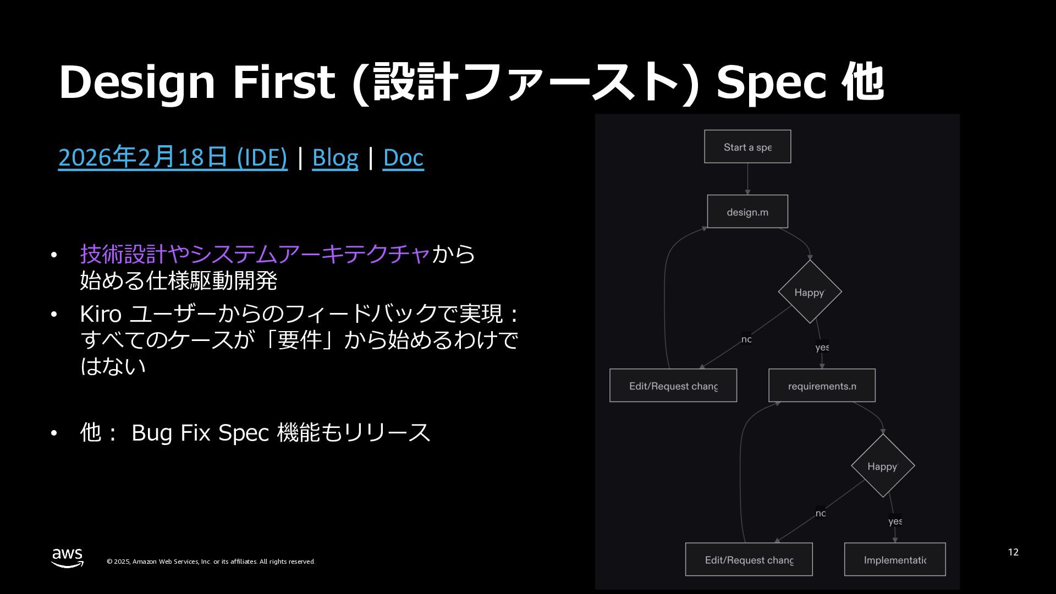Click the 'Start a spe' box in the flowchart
tap(747, 147)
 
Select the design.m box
tap(747, 212)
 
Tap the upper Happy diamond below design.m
tap(810, 292)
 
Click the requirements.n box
tap(822, 386)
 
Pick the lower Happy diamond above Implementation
tap(883, 466)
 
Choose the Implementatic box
tap(895, 560)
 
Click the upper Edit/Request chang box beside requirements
tap(673, 386)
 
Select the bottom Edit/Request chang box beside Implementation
tap(749, 560)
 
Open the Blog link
tap(335, 158)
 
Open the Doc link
tap(403, 158)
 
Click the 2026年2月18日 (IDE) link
tap(173, 158)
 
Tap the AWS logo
tap(68, 557)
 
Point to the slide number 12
tap(1013, 552)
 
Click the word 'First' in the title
tap(284, 82)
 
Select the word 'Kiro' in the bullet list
tap(101, 314)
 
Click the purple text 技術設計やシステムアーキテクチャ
tap(255, 254)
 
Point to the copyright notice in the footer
tap(211, 562)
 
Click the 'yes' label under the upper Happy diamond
tap(822, 348)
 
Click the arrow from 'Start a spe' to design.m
tap(747, 179)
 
